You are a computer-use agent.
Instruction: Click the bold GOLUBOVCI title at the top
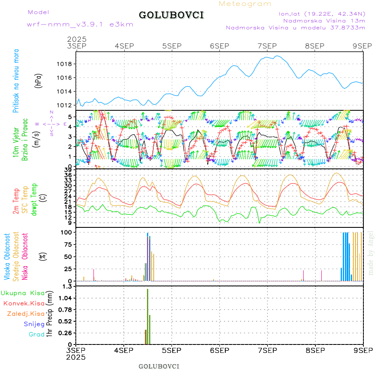171,15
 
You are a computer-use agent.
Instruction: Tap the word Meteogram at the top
246,4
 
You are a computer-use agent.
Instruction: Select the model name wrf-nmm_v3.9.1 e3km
80,24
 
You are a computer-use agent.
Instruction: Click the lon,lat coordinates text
322,13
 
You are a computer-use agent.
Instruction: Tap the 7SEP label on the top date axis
267,46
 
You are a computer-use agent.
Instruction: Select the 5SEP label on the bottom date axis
171,350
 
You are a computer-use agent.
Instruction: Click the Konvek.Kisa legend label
24,303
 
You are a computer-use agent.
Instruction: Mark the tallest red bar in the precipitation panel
147,316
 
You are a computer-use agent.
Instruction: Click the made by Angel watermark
371,253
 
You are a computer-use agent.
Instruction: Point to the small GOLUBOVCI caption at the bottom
159,366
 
